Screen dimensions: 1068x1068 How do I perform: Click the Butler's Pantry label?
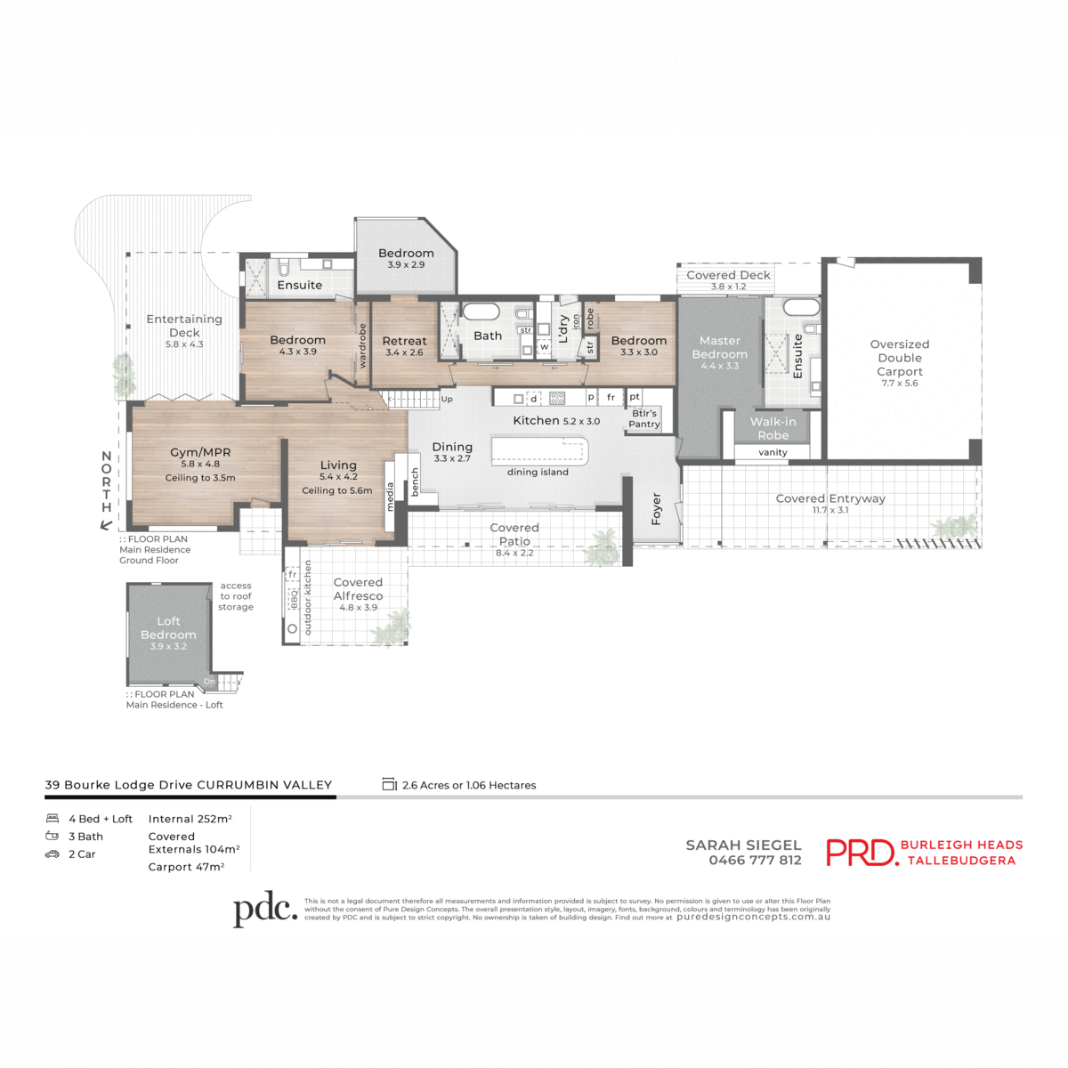(644, 418)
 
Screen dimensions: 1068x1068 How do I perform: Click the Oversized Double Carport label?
(900, 358)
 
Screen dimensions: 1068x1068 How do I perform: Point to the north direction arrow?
(106, 525)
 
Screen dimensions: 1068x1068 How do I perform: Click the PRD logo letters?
(861, 853)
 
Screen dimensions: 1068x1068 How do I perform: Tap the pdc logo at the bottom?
(264, 909)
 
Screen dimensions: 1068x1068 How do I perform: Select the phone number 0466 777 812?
(755, 861)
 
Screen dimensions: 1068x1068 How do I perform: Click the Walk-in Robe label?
(773, 428)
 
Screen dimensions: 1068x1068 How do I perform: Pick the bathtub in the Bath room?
(481, 312)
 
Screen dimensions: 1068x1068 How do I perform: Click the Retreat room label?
(404, 341)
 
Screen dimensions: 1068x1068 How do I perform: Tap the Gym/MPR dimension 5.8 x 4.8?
(200, 464)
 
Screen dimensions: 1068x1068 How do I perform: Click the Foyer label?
(657, 508)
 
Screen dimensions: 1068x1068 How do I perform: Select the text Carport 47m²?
(186, 867)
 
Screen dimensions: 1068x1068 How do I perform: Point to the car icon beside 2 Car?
(53, 854)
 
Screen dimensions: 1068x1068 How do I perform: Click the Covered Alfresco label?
(358, 589)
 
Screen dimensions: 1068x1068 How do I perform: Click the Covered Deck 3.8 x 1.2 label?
(728, 280)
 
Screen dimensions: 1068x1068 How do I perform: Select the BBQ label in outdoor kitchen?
(293, 600)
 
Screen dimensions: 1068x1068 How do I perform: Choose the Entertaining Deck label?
(184, 326)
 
